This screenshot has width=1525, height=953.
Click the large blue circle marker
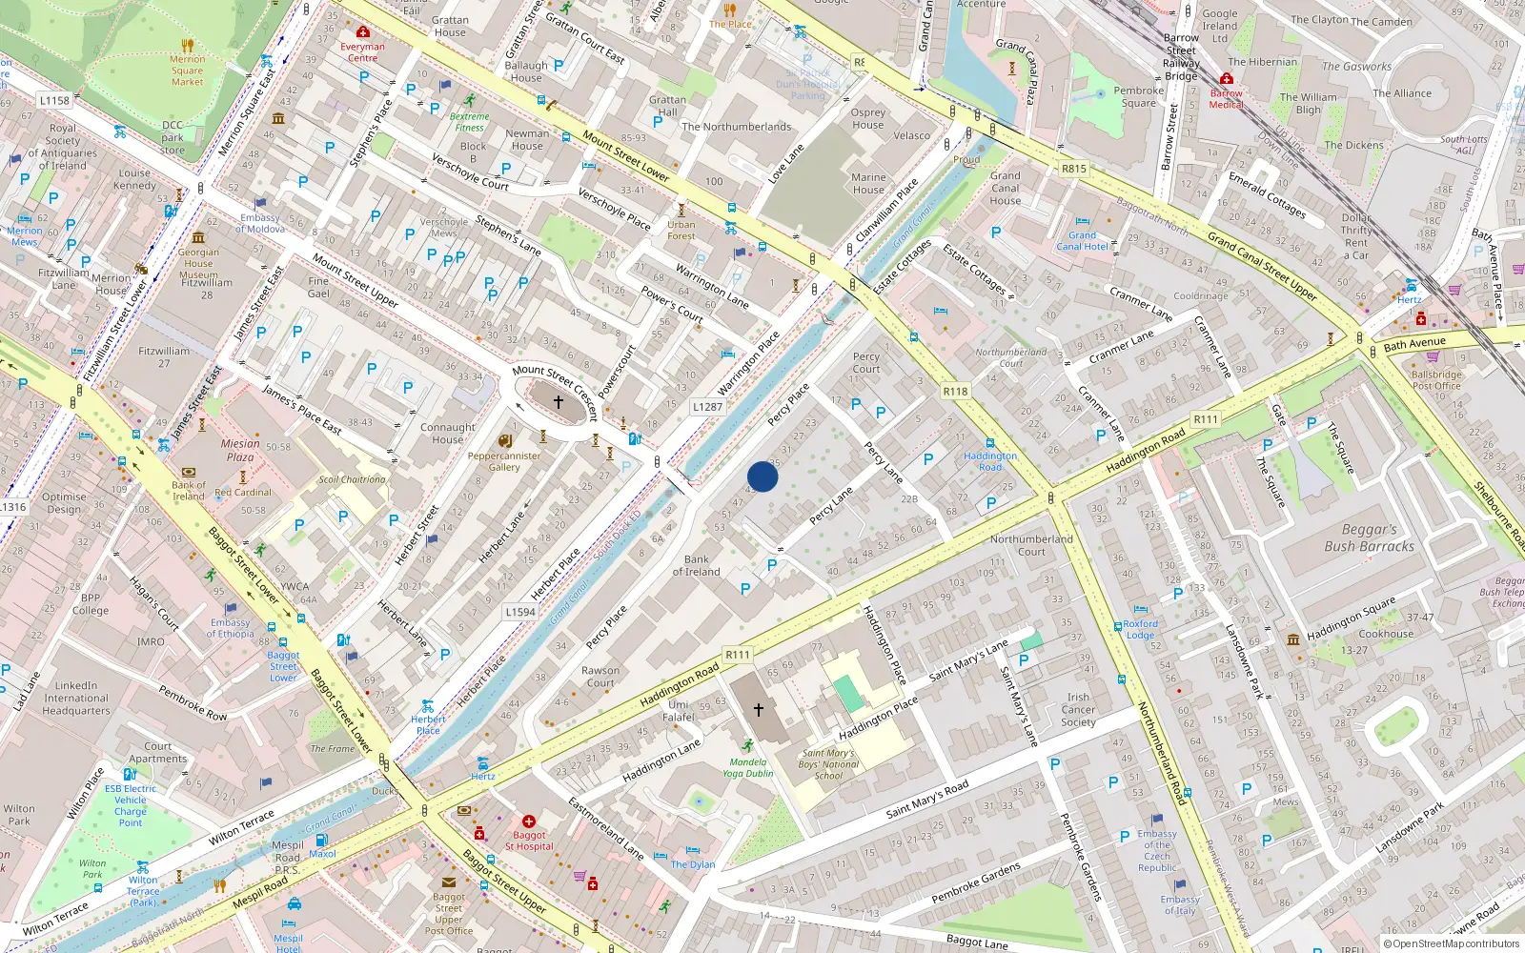(x=762, y=476)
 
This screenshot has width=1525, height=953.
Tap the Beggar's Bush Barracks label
(x=1369, y=537)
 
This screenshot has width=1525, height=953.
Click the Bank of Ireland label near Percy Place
(x=696, y=566)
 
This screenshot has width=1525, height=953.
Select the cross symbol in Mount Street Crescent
(x=559, y=401)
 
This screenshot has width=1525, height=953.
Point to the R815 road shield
(x=1073, y=169)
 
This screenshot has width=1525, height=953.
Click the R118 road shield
(x=955, y=391)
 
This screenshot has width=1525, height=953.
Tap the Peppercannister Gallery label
(x=504, y=461)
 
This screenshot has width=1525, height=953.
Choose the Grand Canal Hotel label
(x=1082, y=241)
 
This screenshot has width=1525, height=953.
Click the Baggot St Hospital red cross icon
(x=528, y=821)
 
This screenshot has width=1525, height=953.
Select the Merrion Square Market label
(x=187, y=71)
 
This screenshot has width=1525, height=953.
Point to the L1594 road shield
(x=520, y=612)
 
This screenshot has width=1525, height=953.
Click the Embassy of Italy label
(x=1180, y=904)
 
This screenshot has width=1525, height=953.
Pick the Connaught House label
(x=447, y=434)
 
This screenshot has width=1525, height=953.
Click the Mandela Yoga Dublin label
(x=748, y=767)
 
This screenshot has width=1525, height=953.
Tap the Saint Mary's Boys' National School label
(x=828, y=764)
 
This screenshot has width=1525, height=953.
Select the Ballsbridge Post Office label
(x=1436, y=380)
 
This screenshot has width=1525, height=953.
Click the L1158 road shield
(x=54, y=100)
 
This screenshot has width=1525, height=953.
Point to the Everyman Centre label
(x=362, y=51)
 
